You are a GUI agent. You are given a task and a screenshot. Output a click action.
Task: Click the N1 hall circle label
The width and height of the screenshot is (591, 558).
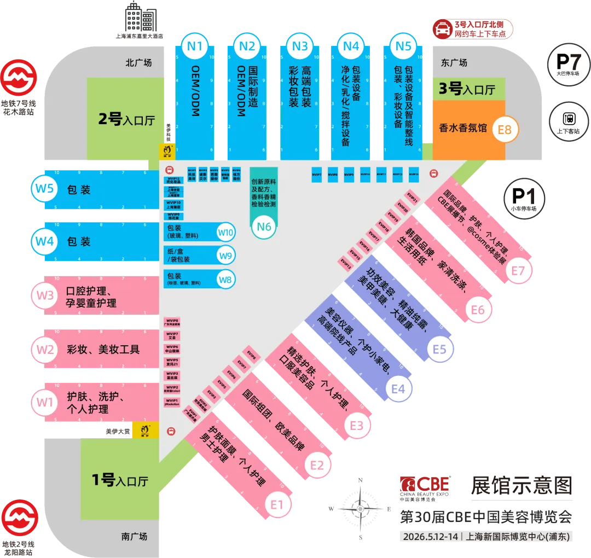(195, 46)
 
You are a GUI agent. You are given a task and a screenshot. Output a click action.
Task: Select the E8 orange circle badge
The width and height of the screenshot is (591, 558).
(505, 130)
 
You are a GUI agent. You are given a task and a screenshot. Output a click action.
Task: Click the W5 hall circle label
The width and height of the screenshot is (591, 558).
(44, 189)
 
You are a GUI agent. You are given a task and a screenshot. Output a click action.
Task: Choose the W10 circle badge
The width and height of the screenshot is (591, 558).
(226, 233)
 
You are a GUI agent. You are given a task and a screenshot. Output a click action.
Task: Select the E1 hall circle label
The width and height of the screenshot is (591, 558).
(277, 503)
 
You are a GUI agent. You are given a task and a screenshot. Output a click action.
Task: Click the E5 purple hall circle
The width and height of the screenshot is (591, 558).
(440, 349)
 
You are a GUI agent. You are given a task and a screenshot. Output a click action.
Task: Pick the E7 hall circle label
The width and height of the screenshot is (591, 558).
(518, 270)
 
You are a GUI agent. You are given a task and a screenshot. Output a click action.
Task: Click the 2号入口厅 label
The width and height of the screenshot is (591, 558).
(126, 119)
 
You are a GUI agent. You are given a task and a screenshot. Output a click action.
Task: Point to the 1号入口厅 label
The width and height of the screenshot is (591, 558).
(120, 480)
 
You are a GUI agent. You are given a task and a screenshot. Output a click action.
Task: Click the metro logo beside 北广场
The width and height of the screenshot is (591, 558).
(18, 80)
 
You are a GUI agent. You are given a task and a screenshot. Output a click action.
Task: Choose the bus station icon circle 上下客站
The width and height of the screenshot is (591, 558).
(569, 119)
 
